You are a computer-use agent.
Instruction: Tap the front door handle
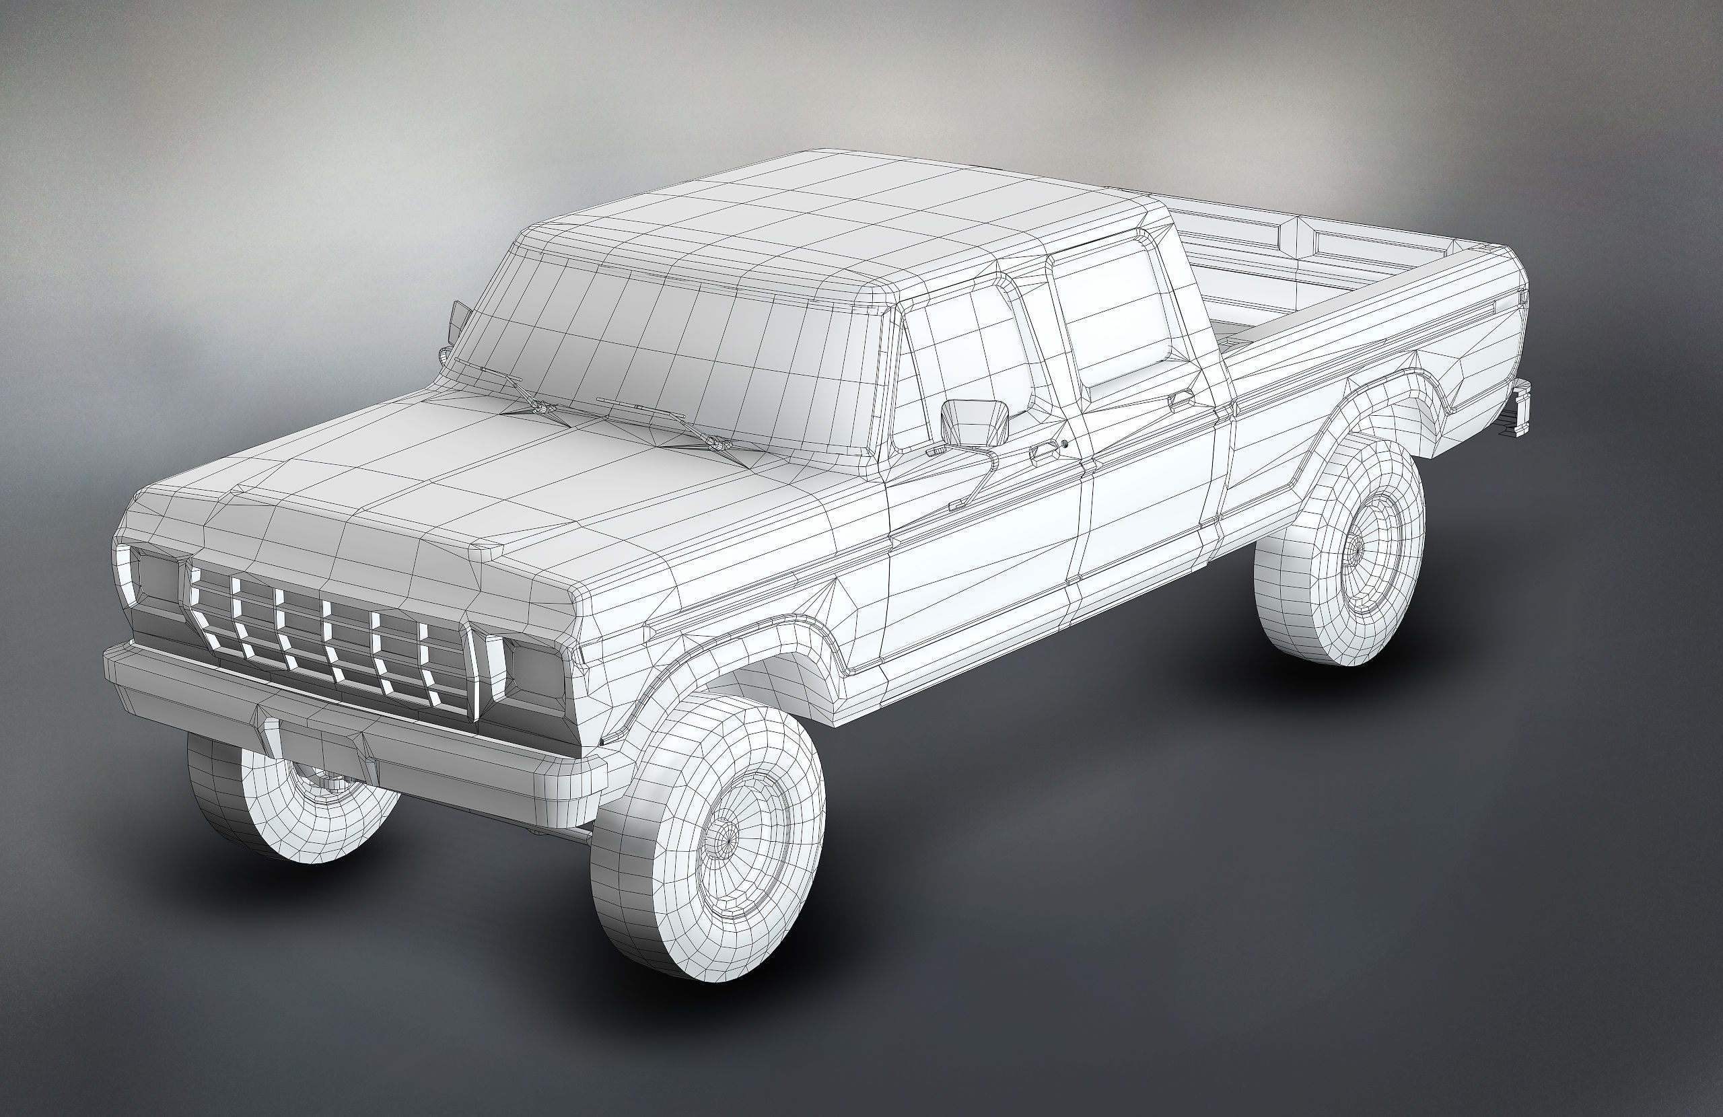1043,454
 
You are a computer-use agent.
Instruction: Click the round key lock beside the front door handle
1065,443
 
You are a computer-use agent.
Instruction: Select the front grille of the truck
333,633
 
